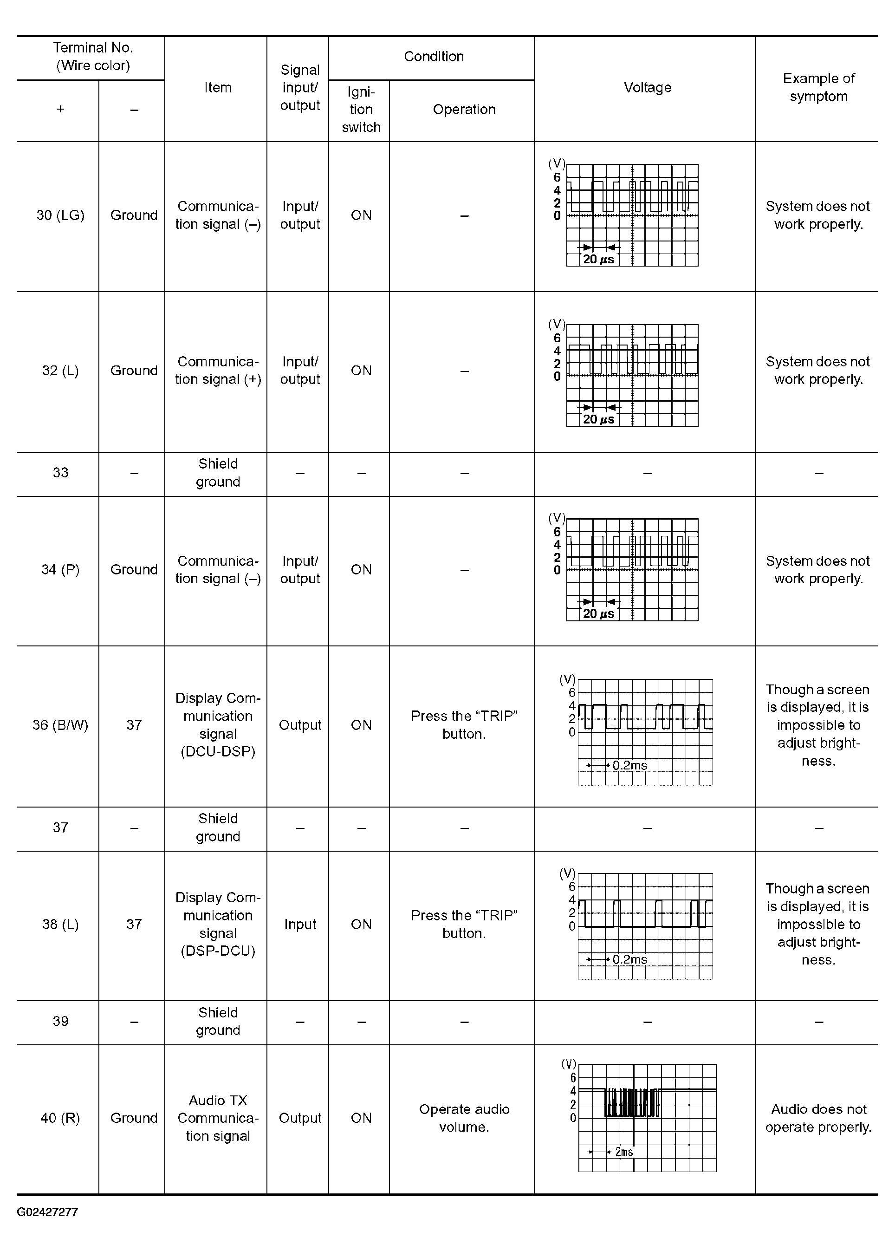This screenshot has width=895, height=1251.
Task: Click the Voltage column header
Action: (x=647, y=88)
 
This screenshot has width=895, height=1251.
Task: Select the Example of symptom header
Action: (x=818, y=87)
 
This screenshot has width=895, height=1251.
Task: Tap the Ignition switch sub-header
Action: (x=361, y=110)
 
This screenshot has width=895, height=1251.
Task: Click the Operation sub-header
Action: (x=464, y=110)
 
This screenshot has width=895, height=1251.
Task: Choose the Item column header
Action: (x=218, y=88)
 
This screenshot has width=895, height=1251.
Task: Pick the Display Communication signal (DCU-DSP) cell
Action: (x=218, y=725)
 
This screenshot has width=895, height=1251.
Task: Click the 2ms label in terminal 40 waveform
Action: (x=624, y=1152)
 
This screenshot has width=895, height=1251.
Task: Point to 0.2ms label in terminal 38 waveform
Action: (x=629, y=959)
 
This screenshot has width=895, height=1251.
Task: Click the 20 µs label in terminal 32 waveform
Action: (x=598, y=420)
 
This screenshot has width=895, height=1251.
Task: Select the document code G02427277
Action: (x=47, y=1212)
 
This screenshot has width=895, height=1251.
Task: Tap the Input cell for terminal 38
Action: (x=300, y=924)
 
